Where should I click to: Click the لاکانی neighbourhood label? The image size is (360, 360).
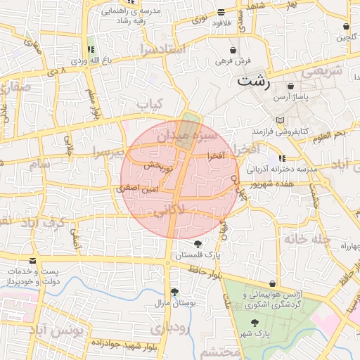(168, 209)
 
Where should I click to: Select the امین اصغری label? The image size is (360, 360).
(138, 188)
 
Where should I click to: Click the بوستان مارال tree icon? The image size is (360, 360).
(174, 292)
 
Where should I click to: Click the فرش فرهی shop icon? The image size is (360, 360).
(233, 51)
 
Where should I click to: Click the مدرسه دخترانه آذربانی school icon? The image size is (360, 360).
(282, 159)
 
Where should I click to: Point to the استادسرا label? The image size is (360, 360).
(161, 49)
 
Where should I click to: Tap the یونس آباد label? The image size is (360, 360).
(60, 329)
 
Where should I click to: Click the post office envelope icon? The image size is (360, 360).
(13, 271)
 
